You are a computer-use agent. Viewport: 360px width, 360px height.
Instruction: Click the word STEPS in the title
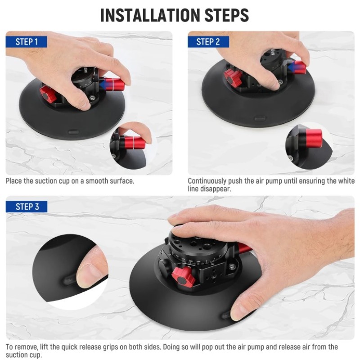coord(227,15)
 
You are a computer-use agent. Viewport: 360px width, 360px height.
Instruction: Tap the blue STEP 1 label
coord(27,42)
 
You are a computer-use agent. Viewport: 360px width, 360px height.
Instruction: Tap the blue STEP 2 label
coord(208,42)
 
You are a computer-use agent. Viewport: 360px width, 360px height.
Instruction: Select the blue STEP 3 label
coord(27,207)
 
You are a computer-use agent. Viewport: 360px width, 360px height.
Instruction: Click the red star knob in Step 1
coord(48,94)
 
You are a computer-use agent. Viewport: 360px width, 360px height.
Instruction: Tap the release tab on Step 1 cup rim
coord(74,132)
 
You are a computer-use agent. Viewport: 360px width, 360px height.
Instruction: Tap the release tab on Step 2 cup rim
coord(260,119)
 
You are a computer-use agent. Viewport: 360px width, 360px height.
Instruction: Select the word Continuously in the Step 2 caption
coord(207,181)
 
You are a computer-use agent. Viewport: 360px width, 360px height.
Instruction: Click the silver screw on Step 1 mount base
coord(93,98)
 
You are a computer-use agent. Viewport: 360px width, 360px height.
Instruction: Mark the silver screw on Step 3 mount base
coord(231,266)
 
